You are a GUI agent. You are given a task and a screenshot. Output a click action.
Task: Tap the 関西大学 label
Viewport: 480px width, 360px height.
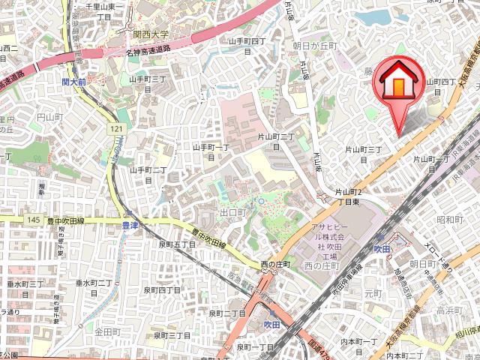tap(151, 34)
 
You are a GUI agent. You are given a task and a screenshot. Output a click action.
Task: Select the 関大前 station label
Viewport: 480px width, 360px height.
tap(76, 82)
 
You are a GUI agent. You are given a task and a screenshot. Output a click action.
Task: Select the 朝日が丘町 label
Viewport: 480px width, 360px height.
tap(316, 46)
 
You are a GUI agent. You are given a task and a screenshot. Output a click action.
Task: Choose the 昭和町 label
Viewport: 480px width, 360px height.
tap(449, 220)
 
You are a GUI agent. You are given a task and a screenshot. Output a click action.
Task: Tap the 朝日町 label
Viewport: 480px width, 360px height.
tap(423, 265)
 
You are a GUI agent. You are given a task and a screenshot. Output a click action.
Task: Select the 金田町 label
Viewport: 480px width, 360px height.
tap(107, 331)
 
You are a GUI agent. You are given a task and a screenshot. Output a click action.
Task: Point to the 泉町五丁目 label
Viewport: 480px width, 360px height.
tap(176, 244)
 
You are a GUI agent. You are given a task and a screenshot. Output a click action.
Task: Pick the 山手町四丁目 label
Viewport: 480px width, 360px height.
tap(247, 46)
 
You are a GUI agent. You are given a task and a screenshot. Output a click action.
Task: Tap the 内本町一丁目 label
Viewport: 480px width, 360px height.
tap(358, 346)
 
